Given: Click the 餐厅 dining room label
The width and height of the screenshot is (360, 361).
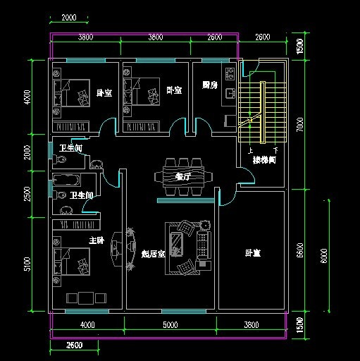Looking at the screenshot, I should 183,177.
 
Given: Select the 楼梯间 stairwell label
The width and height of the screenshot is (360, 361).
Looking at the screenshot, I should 264,161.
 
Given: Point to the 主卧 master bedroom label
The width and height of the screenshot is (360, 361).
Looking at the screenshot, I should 95,240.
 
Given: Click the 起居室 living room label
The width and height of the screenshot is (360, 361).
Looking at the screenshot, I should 153,253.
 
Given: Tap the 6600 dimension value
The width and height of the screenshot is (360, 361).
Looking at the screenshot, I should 299,250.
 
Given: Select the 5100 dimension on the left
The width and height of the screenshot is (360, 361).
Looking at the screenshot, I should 27,264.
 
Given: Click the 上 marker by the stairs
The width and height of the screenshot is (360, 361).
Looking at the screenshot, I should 250,150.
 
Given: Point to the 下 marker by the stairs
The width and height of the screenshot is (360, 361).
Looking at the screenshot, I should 275,150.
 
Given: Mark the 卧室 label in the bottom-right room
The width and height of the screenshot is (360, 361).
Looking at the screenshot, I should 252,253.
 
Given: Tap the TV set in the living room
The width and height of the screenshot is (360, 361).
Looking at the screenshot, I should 132,247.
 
